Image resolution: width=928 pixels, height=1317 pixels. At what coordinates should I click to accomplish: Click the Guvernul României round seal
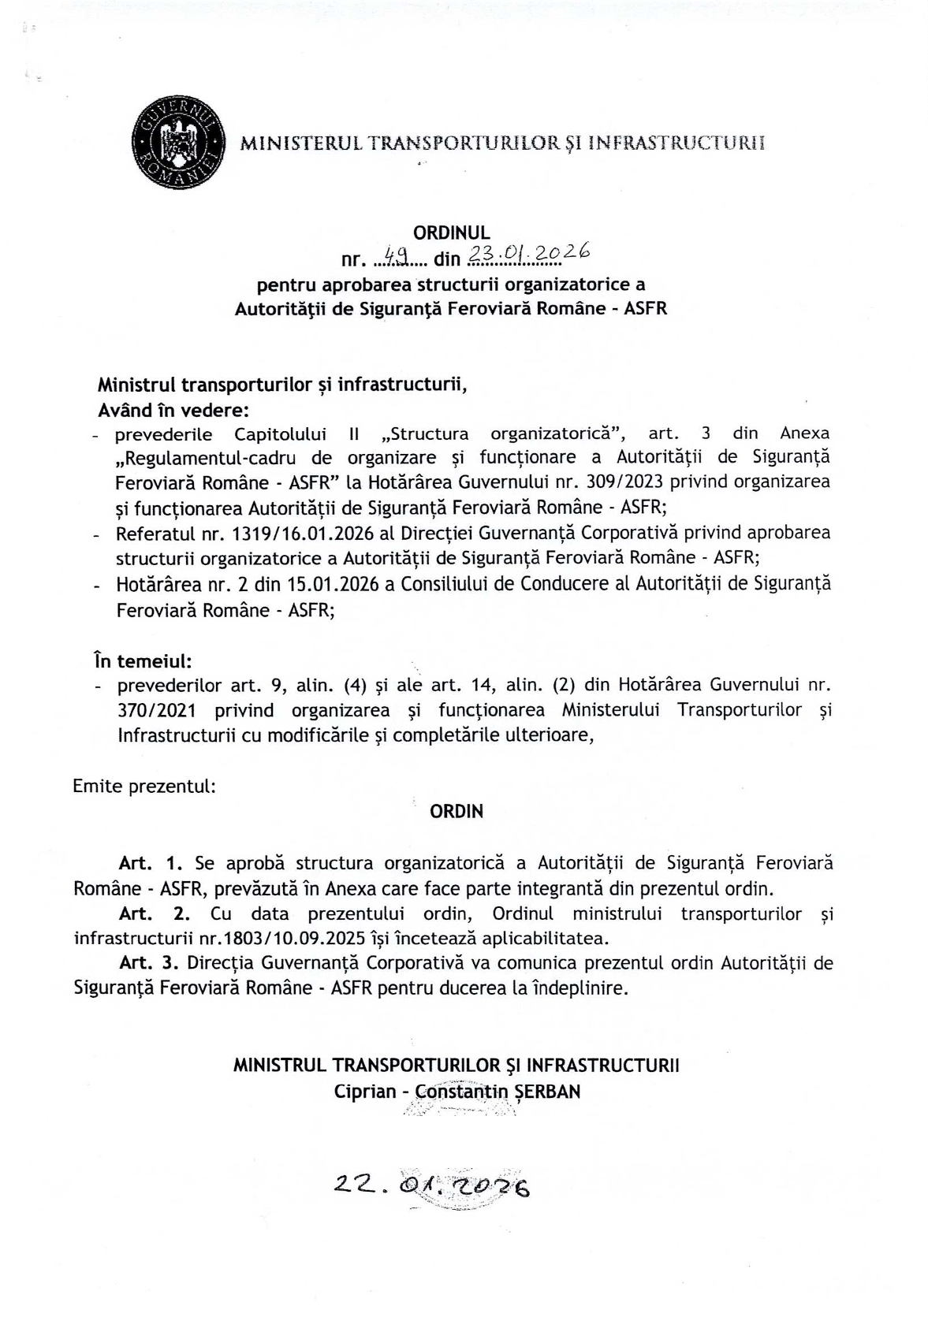[178, 142]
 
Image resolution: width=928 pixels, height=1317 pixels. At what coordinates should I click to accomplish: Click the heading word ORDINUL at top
[452, 233]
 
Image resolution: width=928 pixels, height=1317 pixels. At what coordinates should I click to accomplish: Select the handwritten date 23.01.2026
[528, 253]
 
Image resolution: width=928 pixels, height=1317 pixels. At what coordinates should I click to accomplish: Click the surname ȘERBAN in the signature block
[547, 1092]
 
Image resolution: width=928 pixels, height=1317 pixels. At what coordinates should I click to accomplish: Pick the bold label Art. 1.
[151, 863]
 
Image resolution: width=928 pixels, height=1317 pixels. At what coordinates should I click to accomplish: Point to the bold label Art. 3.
[151, 963]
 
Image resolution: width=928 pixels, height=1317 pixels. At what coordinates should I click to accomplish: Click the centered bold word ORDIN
[457, 811]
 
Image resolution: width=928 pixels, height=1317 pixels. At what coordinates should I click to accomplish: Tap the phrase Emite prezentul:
[144, 786]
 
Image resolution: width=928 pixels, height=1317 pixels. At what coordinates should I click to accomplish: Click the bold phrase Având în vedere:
[173, 410]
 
